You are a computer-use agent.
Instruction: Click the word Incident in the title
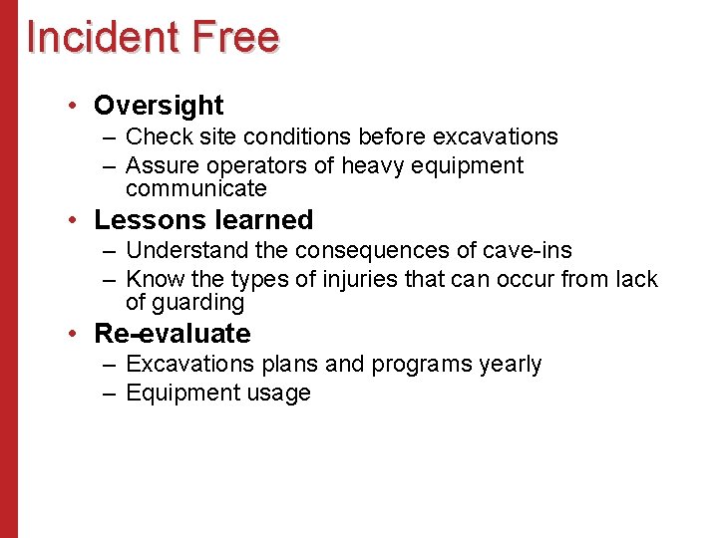104,37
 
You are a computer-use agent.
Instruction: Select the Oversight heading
159,106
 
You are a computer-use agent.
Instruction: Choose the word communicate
196,188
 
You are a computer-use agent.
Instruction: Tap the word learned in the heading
266,220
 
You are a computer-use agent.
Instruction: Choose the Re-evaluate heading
172,334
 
